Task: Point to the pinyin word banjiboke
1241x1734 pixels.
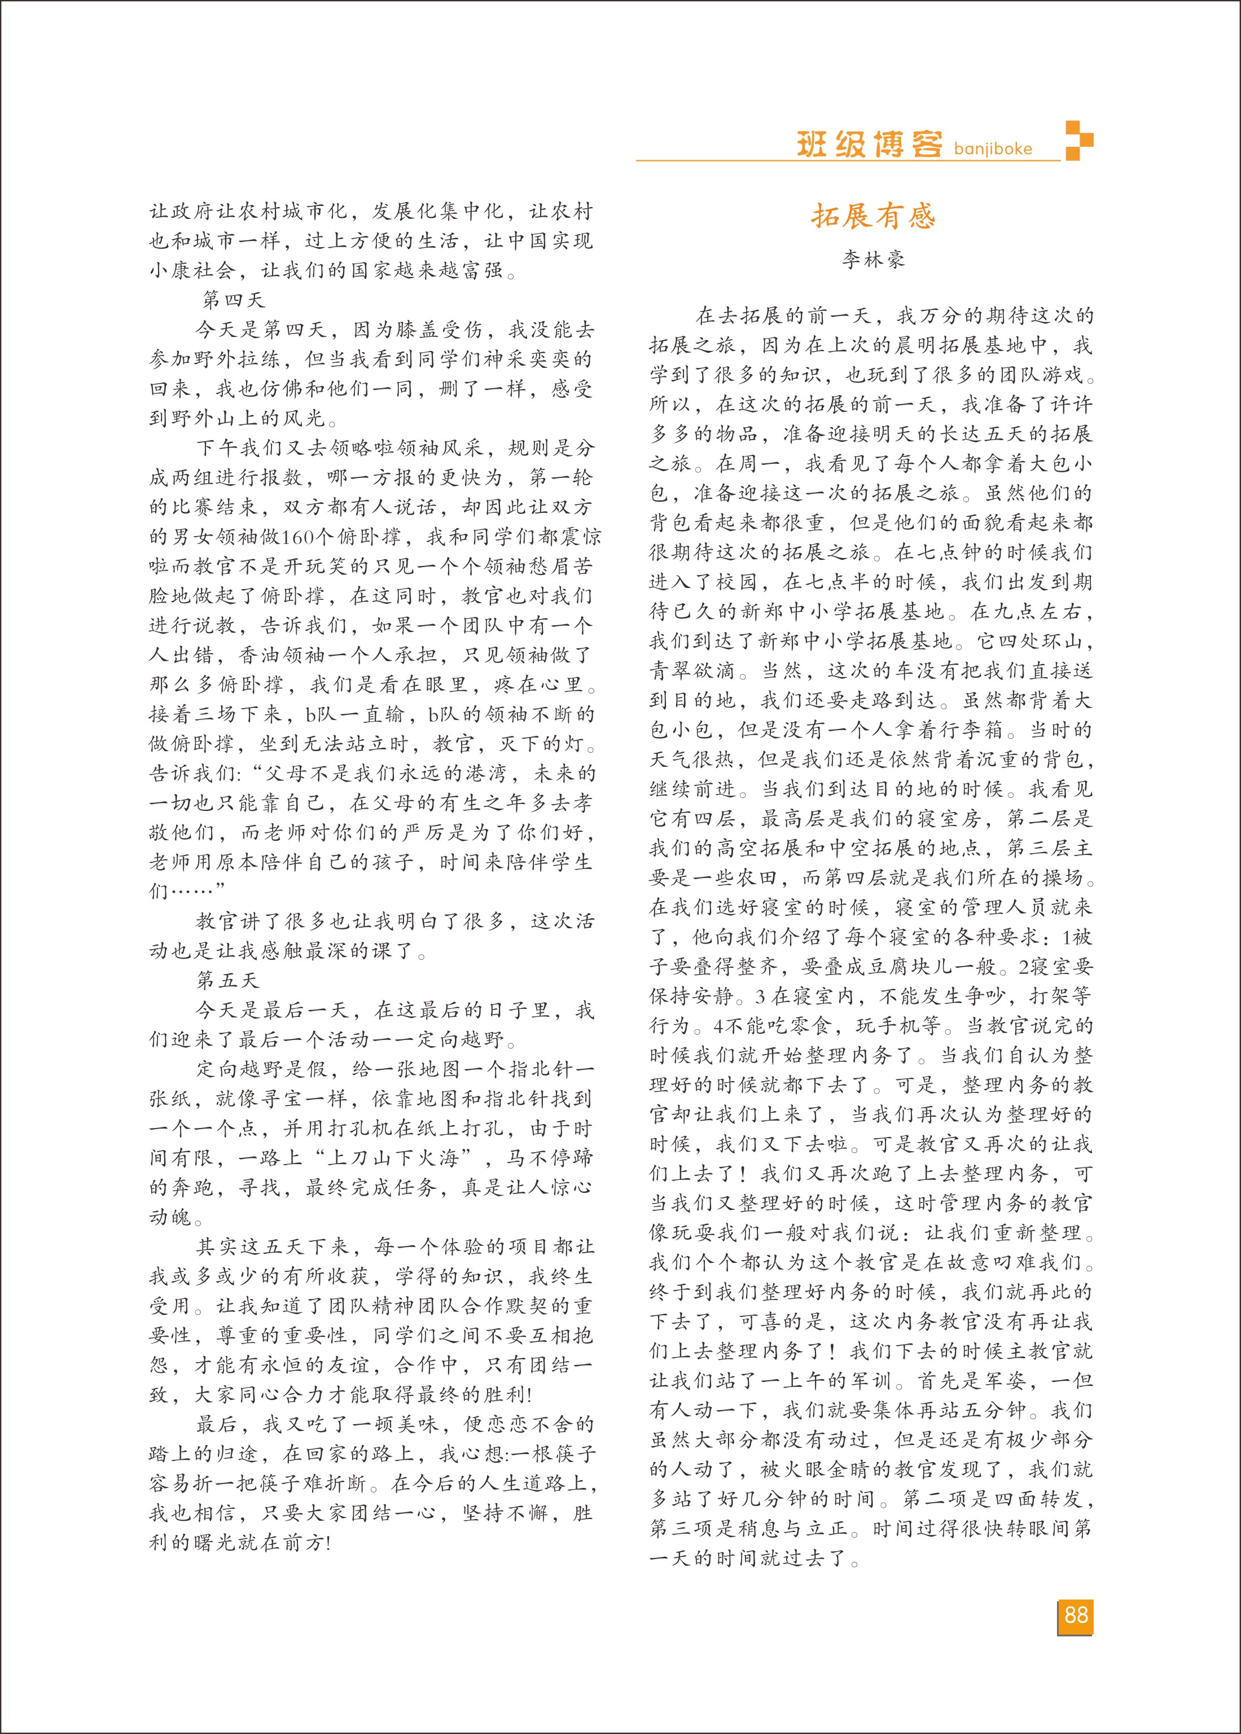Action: point(993,149)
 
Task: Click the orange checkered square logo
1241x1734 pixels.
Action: point(1079,141)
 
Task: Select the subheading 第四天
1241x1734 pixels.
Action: point(233,300)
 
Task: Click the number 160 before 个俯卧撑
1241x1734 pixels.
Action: point(298,537)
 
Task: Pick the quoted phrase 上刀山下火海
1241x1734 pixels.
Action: point(393,1158)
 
